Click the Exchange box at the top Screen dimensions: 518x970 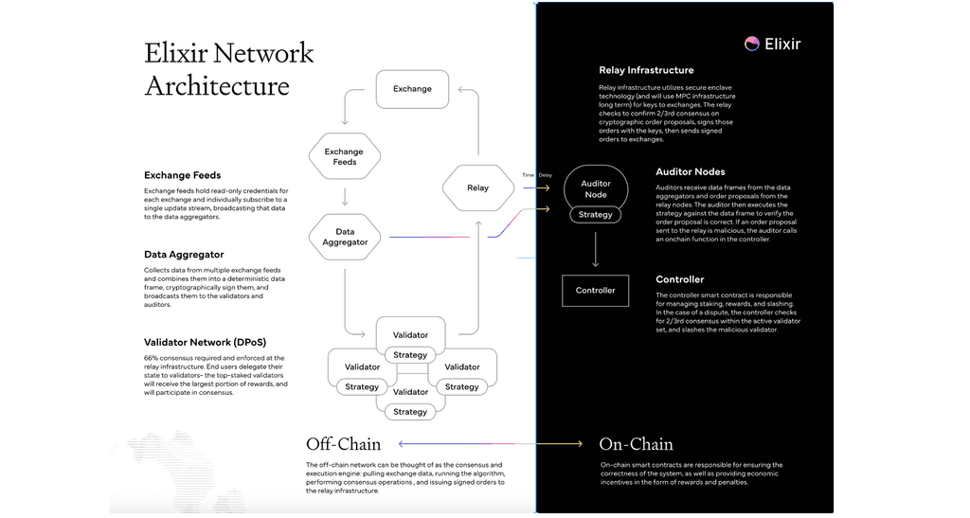pos(412,89)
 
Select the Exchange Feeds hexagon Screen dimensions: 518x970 pos(344,157)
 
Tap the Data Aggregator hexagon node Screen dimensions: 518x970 pos(344,237)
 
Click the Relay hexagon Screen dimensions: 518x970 pos(477,188)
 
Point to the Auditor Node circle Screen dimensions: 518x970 pos(595,189)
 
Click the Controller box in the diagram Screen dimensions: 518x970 pos(595,291)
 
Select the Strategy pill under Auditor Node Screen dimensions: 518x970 pos(595,215)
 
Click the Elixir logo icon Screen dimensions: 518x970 pos(751,43)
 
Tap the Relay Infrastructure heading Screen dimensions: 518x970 pos(646,70)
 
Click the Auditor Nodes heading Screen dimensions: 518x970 pos(691,172)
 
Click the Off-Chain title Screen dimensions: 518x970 pos(343,444)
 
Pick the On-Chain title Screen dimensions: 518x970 pos(636,444)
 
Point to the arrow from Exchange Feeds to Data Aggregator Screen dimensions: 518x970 pos(344,196)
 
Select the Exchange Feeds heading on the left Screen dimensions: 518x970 pos(182,175)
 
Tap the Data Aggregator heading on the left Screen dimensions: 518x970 pos(184,255)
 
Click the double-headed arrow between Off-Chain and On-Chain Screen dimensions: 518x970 pos(491,443)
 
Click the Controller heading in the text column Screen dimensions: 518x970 pos(679,279)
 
